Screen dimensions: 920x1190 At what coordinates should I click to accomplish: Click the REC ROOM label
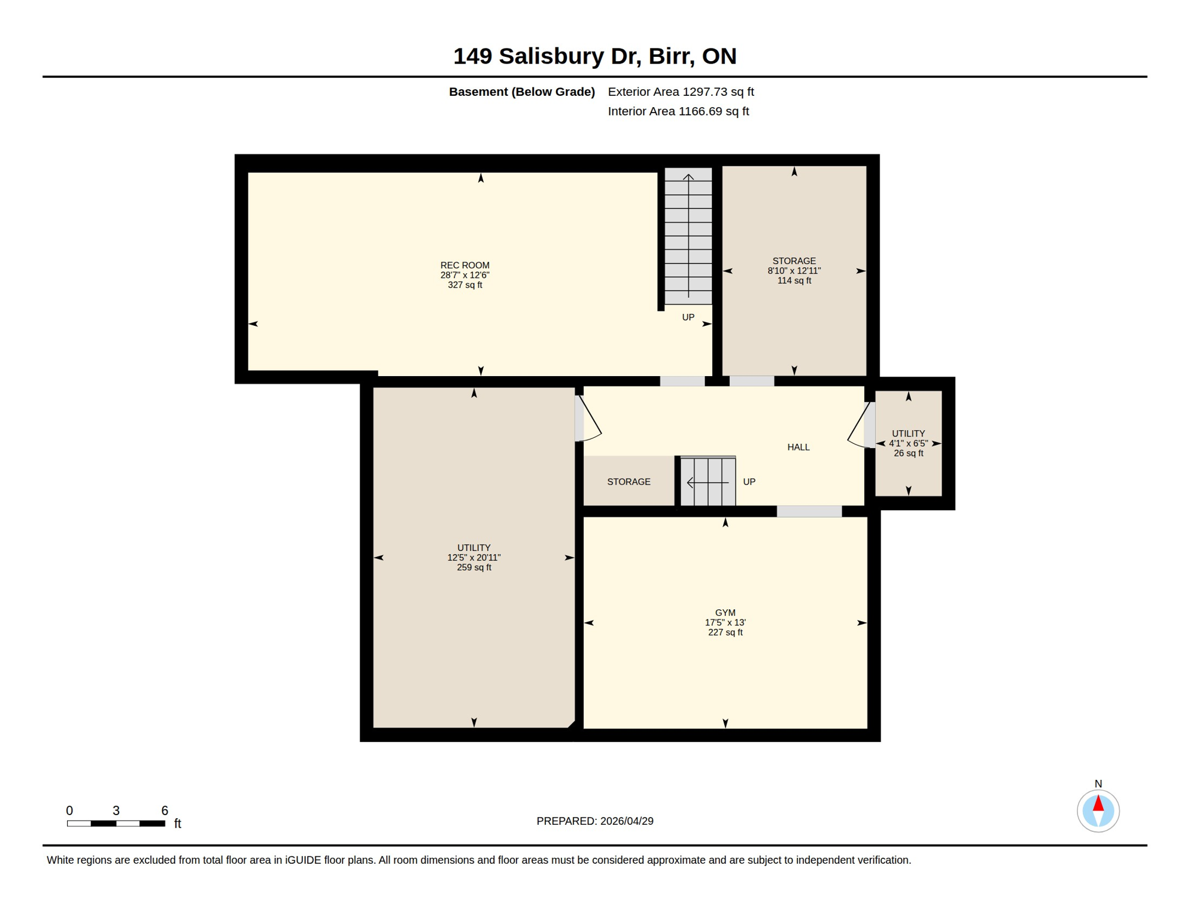(465, 265)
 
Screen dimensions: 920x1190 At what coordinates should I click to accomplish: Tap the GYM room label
(725, 613)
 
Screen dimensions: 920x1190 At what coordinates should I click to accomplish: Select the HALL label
(798, 447)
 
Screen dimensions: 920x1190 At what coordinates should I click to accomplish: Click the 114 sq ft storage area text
(794, 281)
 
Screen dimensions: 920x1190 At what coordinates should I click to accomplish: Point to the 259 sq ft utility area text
(473, 568)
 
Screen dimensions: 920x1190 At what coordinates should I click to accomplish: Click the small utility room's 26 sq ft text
(908, 453)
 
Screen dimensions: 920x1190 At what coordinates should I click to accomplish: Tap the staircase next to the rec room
(688, 237)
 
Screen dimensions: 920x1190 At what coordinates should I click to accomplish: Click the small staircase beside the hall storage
(708, 482)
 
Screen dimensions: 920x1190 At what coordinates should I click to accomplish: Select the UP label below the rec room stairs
(688, 317)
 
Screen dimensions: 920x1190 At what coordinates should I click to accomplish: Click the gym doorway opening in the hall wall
(809, 512)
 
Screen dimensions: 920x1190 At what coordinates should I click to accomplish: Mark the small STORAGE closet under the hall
(629, 482)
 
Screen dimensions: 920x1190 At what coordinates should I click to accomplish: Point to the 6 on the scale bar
(165, 811)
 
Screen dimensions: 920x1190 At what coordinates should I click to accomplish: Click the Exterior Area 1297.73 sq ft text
(681, 92)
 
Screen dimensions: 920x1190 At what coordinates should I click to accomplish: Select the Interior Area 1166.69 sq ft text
(678, 111)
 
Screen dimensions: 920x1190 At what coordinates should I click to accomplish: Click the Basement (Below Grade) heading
(521, 92)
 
